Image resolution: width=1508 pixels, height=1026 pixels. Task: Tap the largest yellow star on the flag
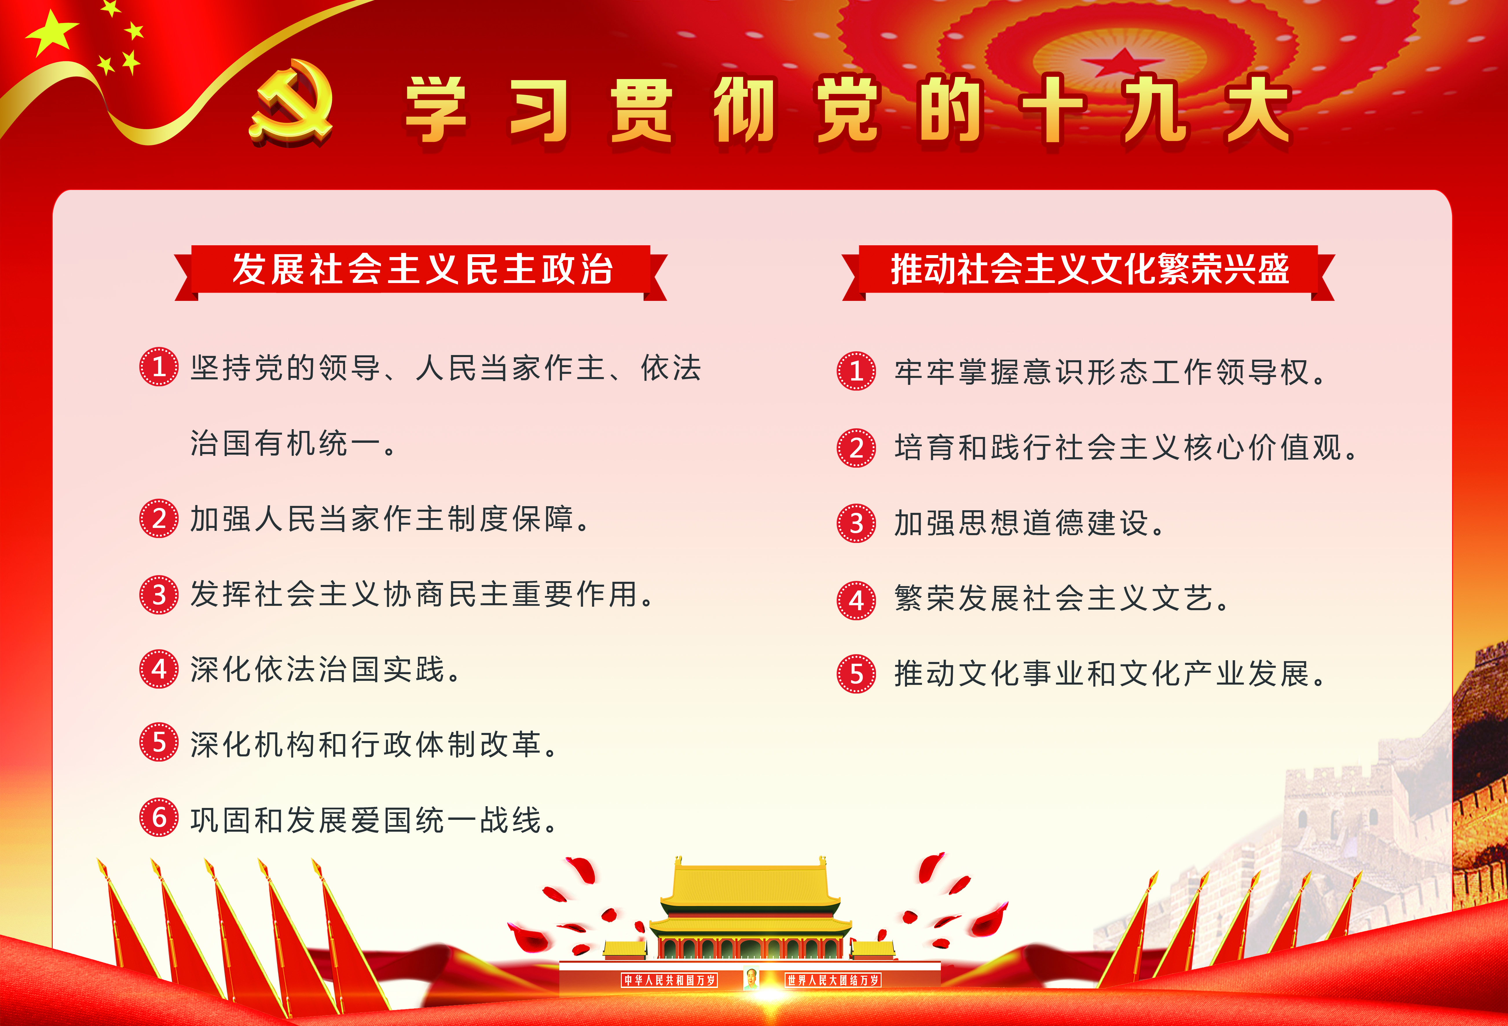point(52,34)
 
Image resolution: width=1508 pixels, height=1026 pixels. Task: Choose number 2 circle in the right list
point(857,448)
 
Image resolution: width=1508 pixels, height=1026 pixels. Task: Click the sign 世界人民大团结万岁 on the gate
point(833,980)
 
